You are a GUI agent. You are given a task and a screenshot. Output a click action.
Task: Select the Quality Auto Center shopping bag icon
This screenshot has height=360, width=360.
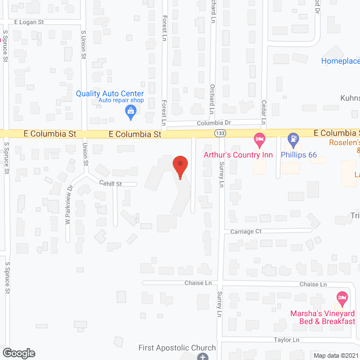coord(130,111)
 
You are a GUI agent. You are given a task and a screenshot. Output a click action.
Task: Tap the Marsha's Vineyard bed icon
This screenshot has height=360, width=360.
coord(341,297)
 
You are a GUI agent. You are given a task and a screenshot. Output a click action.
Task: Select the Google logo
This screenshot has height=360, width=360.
coord(18,353)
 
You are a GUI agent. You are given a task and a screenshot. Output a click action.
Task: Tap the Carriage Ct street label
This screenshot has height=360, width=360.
coord(246,231)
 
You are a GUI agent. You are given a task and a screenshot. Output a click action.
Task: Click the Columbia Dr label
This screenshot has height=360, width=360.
coord(213,123)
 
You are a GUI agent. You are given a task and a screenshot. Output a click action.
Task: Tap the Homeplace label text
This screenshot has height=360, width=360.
coord(340,61)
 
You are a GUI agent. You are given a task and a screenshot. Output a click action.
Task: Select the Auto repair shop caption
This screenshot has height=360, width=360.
coord(121,101)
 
